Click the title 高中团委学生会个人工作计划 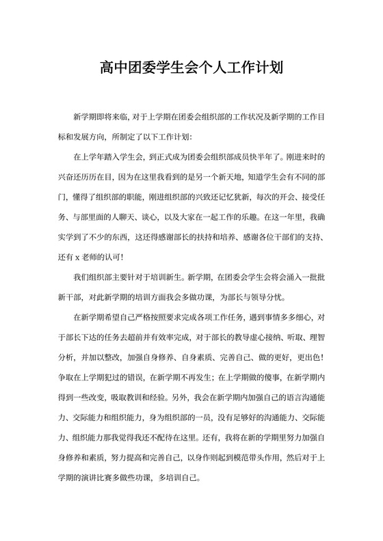pos(191,68)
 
